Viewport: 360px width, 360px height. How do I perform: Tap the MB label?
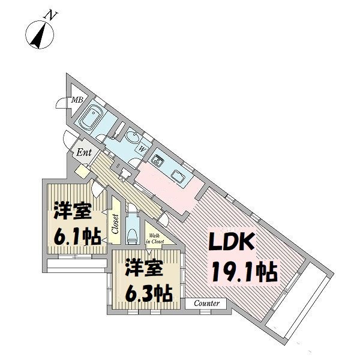point(77,100)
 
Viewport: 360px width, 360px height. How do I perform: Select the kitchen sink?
point(179,174)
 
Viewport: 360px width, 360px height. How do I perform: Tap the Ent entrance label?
point(83,152)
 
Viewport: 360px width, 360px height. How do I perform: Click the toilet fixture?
point(133,233)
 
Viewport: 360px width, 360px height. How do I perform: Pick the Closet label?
point(114,224)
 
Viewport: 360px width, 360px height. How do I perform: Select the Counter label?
point(206,304)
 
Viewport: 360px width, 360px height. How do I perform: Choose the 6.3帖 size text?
point(147,293)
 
